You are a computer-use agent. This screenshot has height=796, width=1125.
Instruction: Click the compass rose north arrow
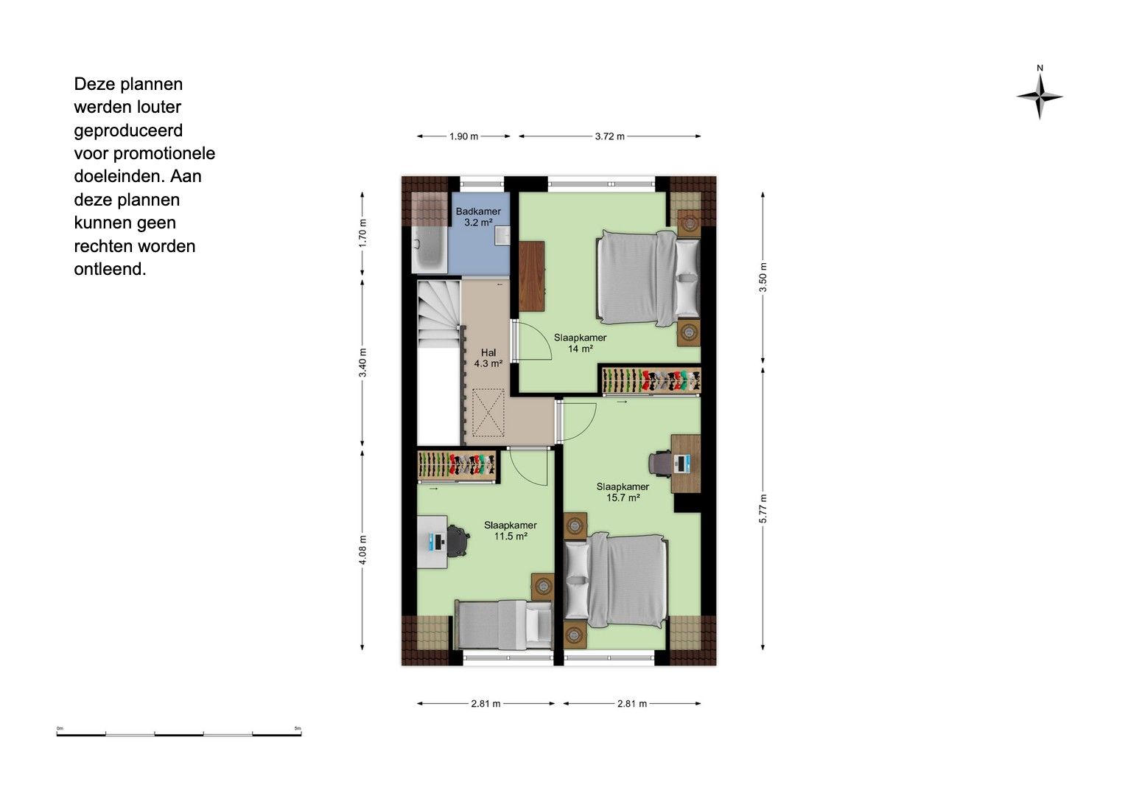click(1040, 96)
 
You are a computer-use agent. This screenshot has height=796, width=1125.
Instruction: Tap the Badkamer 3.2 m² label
click(478, 217)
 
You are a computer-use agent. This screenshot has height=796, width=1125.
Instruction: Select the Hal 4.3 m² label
click(488, 357)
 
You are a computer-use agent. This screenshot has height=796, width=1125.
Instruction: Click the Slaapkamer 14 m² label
click(580, 343)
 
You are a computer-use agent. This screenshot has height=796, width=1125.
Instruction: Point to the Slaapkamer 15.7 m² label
click(623, 492)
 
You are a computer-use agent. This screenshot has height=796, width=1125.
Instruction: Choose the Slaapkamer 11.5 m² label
click(511, 531)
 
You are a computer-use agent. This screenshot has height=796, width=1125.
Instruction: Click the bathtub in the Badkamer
click(430, 250)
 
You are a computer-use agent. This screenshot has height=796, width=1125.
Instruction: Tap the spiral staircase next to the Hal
click(439, 314)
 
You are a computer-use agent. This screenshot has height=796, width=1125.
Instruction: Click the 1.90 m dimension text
click(463, 136)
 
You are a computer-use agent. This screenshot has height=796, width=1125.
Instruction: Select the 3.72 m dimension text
click(610, 136)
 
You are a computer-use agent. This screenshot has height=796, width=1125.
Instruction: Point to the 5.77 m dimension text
click(763, 509)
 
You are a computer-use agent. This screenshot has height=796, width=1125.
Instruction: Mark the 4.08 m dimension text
click(362, 550)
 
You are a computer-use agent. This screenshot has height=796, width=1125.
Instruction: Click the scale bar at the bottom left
click(179, 733)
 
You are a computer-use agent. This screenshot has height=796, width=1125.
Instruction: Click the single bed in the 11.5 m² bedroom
click(503, 625)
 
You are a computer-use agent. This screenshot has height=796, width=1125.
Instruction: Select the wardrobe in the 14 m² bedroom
click(651, 380)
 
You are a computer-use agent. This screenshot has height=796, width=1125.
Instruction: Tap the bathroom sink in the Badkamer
click(502, 235)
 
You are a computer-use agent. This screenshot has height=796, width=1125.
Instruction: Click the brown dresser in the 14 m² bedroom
click(531, 276)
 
